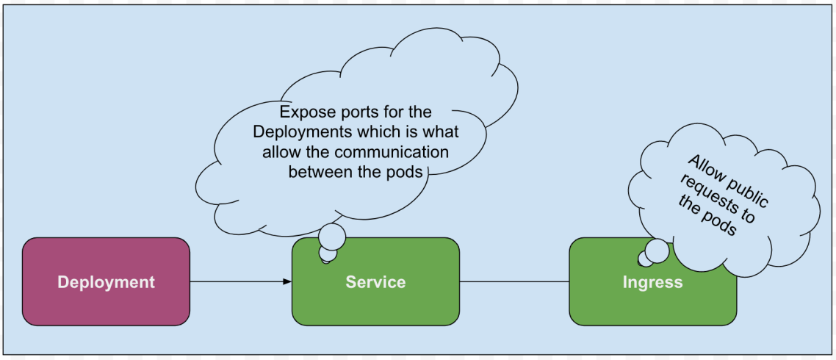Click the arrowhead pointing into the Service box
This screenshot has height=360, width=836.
coord(287,281)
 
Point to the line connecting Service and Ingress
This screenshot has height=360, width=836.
coord(514,281)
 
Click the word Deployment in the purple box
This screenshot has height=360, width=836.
coord(106,282)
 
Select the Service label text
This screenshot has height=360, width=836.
coord(375,282)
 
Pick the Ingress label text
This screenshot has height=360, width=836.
coord(652,282)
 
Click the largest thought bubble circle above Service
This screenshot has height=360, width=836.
coord(331,236)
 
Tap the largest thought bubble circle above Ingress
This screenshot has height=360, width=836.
coord(657,251)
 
